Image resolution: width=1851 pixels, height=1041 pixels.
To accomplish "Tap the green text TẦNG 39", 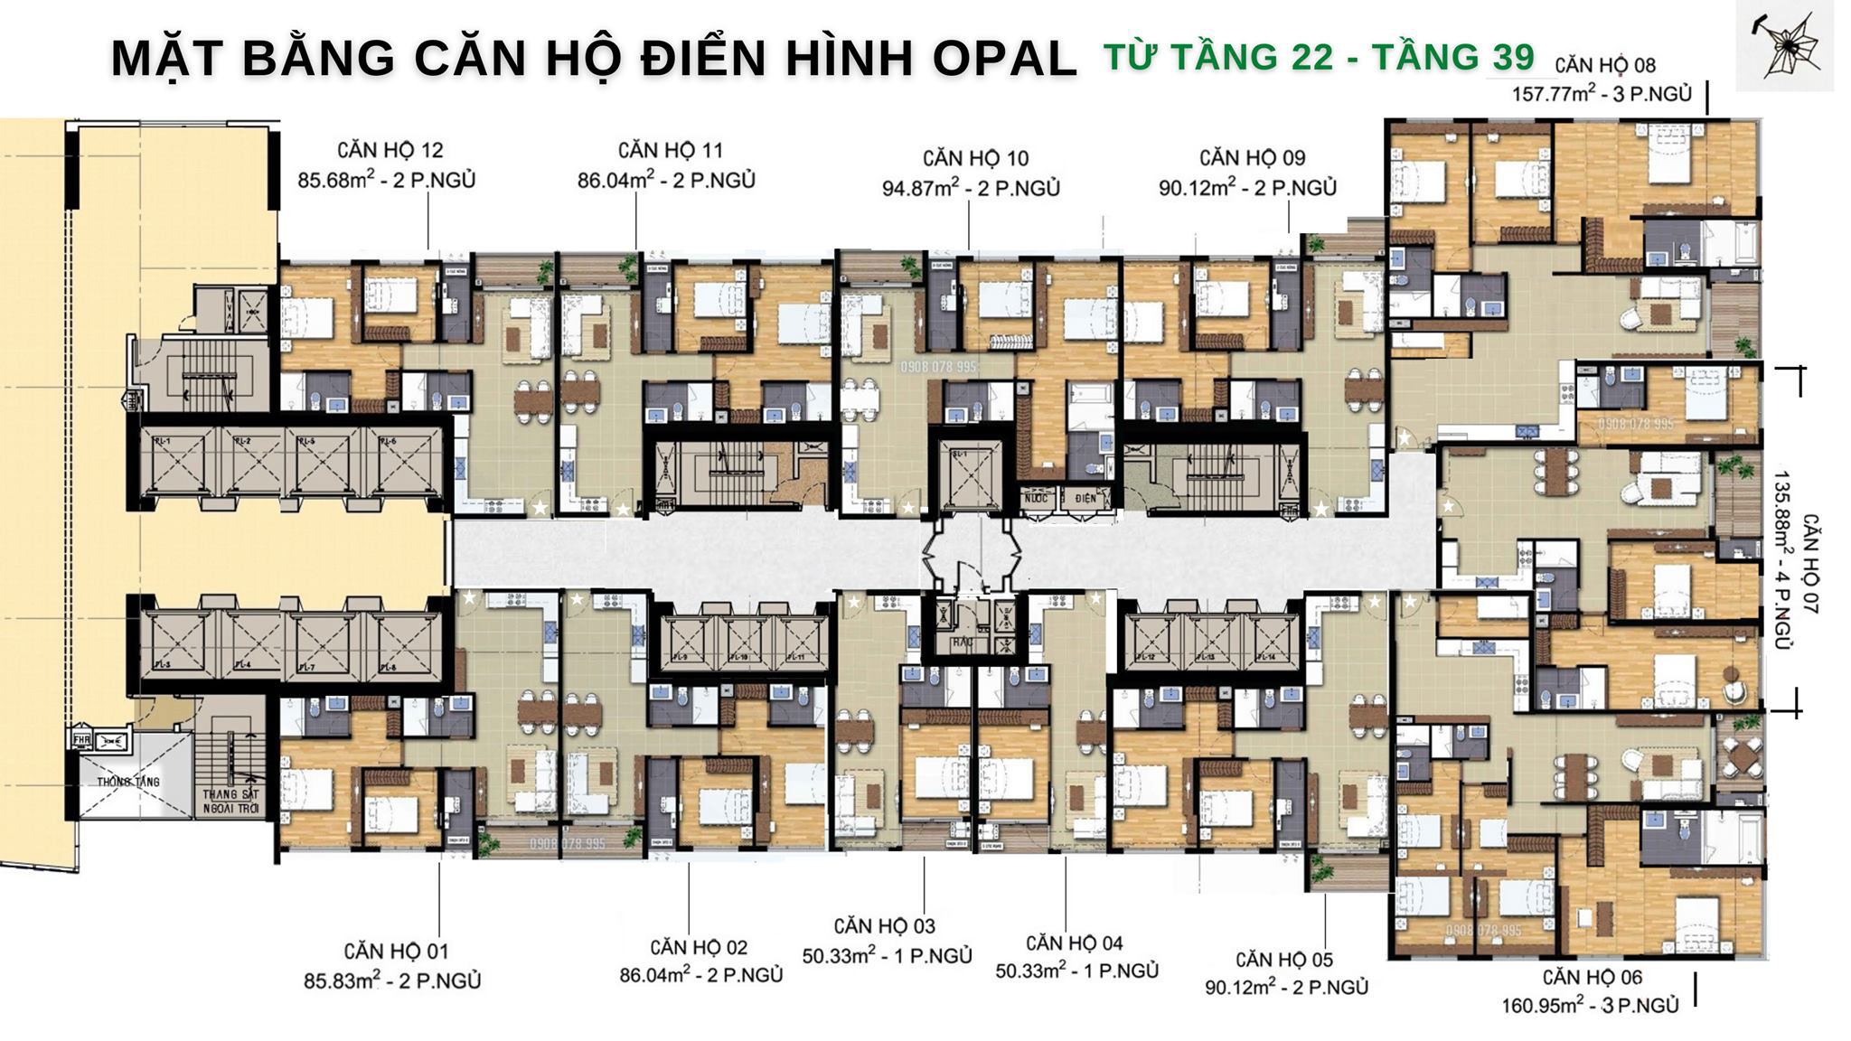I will (x=1454, y=56).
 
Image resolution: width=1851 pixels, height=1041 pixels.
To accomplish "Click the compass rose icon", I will (x=1784, y=45).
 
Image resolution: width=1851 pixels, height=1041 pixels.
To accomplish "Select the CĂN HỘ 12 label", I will (x=390, y=150).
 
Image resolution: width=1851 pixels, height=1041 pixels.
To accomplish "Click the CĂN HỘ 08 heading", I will (x=1605, y=66).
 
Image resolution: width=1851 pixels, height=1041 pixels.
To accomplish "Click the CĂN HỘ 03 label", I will (x=884, y=926).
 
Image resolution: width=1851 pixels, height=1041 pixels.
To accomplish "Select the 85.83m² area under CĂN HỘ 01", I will (x=340, y=980).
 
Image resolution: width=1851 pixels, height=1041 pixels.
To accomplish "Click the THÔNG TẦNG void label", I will (x=128, y=781).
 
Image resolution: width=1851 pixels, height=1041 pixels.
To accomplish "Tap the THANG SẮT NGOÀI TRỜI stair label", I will (x=231, y=801).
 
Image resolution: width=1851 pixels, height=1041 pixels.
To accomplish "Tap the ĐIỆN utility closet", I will (x=1085, y=498).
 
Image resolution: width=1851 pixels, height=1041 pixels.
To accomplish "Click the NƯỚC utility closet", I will (x=1036, y=498).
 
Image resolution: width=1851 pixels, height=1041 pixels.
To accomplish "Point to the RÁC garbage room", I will (x=960, y=643).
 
